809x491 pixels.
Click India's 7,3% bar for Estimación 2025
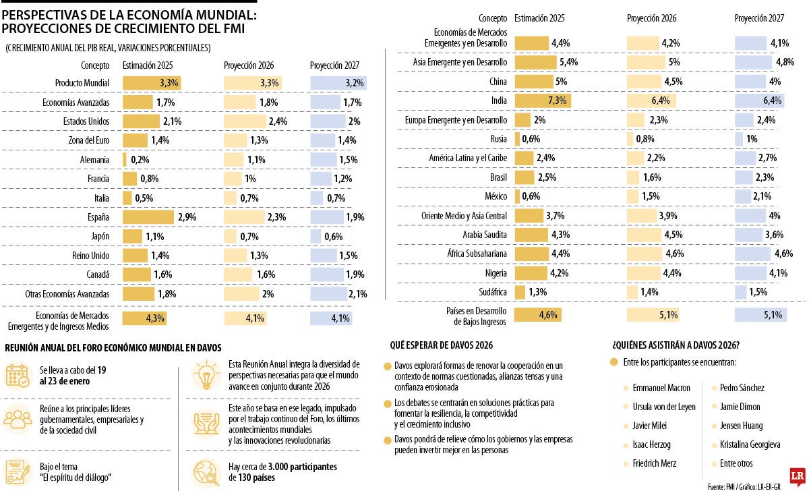click(542, 100)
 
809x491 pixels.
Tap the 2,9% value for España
click(187, 217)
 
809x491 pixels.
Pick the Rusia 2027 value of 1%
click(752, 139)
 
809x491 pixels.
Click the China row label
click(498, 82)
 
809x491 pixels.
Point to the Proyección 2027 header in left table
click(334, 66)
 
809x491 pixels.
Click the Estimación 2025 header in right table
click(539, 18)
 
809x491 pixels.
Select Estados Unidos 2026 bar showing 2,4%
click(246, 121)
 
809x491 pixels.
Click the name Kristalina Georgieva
click(750, 444)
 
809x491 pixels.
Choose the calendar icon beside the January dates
click(17, 376)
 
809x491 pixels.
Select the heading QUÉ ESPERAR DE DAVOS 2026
click(442, 345)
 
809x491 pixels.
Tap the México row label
click(495, 196)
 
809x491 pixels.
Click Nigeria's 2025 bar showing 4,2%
click(528, 272)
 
